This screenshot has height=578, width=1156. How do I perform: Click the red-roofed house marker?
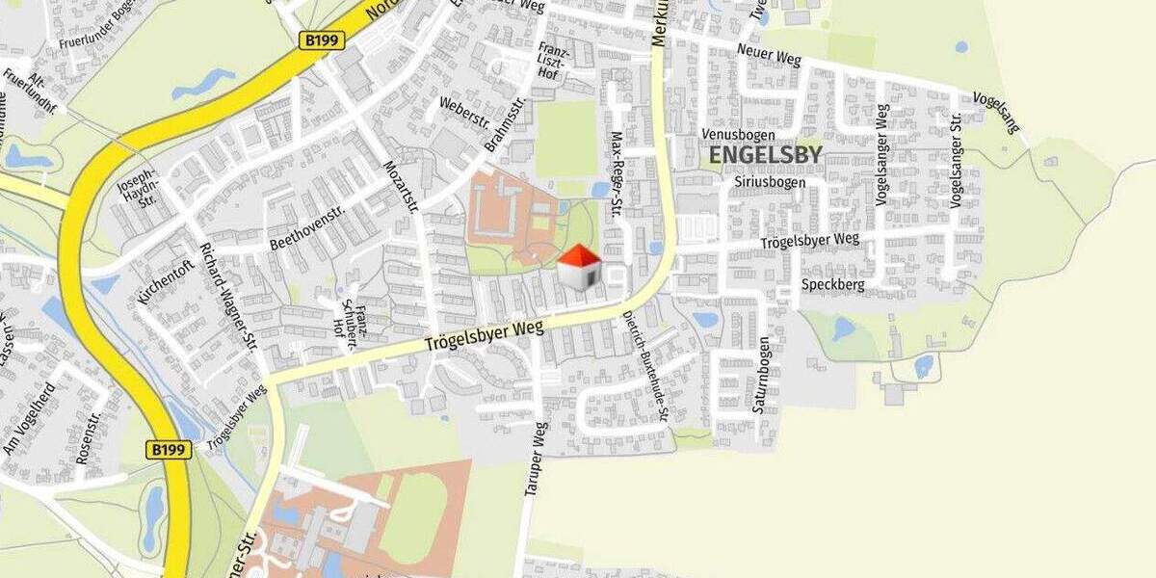[x=579, y=267]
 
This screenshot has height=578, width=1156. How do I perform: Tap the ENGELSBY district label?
[x=765, y=155]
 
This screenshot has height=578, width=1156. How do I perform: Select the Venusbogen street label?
[x=737, y=133]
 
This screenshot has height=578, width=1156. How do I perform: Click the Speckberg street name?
[x=832, y=285]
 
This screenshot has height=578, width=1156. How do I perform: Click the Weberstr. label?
[x=464, y=116]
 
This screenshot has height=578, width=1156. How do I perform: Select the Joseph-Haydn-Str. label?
[x=136, y=192]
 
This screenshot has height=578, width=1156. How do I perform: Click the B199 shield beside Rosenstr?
[x=169, y=449]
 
